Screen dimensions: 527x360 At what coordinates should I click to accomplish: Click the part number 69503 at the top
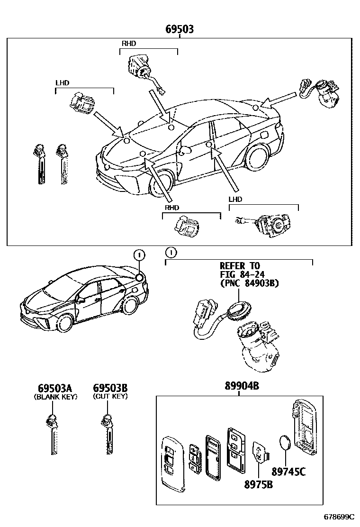coord(180,29)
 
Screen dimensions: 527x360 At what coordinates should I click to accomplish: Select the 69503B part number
coord(110,388)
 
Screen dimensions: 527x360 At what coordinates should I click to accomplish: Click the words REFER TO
coord(240,266)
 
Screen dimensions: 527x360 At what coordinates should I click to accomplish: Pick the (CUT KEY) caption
coord(110,397)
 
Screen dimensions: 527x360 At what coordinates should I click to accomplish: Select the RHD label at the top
coord(129,43)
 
